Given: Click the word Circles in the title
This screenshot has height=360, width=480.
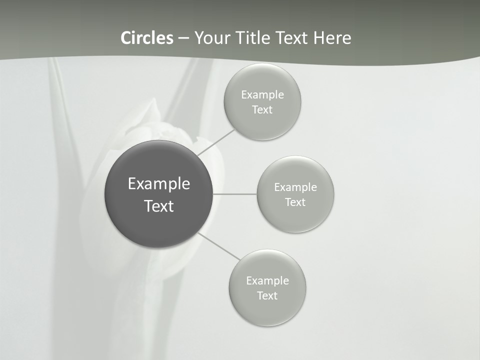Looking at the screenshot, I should coord(147,38).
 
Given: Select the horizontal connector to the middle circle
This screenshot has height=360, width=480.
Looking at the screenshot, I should coord(235,194).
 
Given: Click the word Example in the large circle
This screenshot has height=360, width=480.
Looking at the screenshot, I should coord(159,184).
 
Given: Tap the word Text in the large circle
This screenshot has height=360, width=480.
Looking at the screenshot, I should coord(159,206).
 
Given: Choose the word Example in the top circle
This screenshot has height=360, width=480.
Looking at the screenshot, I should coord(262,95).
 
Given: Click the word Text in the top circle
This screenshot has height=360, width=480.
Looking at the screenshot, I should coord(262,110).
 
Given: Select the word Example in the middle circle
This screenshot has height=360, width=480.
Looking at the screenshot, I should coord(295,187).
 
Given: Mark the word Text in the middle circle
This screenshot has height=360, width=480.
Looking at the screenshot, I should coord(295,202).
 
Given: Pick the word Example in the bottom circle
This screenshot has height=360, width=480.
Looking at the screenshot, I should coord(267,281).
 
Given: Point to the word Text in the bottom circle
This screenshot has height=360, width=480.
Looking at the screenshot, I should coord(267,296).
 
